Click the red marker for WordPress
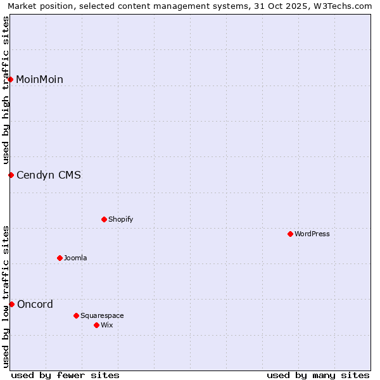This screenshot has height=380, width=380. pos(290,234)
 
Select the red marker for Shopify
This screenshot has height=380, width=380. pos(104,219)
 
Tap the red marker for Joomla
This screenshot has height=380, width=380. pos(60,258)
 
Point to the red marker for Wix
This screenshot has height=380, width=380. pos(96,325)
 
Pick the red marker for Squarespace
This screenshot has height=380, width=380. pos(76,315)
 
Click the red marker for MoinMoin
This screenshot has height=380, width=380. pos(11,79)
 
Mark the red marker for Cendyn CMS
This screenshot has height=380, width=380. pos(11,175)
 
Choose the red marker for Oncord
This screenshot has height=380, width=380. pos(11,304)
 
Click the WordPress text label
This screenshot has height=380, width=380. pos(312,234)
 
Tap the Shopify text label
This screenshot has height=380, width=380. pos(121,219)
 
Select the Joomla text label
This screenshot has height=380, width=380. pos(75,258)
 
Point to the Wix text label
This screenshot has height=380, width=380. pos(107,325)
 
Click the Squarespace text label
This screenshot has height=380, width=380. pos(102,315)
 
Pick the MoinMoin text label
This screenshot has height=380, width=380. pos(39,79)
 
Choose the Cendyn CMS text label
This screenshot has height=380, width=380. pos(49,175)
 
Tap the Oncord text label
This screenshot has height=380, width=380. pos(35,304)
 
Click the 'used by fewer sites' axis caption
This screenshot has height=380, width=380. pos(65,375)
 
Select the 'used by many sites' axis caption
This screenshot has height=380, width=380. pos(318,375)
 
